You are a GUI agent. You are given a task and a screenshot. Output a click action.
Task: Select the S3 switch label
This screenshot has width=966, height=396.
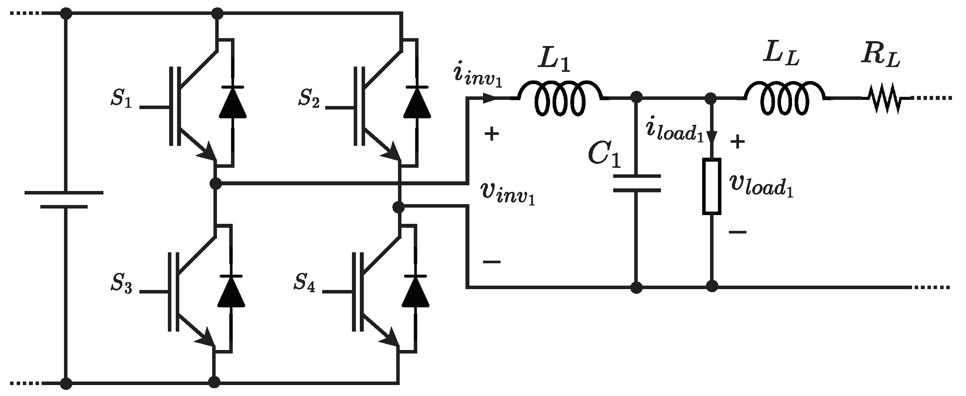121,284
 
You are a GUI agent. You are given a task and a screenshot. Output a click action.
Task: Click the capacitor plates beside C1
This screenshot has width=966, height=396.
636,184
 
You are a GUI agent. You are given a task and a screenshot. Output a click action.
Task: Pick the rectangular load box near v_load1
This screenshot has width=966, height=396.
712,187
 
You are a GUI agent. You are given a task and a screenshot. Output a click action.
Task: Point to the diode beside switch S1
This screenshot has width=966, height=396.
232,102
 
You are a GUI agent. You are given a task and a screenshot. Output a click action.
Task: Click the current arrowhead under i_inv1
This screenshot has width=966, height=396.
490,99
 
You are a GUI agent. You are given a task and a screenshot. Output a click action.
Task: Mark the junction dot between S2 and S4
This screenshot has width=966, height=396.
398,207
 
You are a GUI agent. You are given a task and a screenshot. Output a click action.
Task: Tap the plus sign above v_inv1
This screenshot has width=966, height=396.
491,134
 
